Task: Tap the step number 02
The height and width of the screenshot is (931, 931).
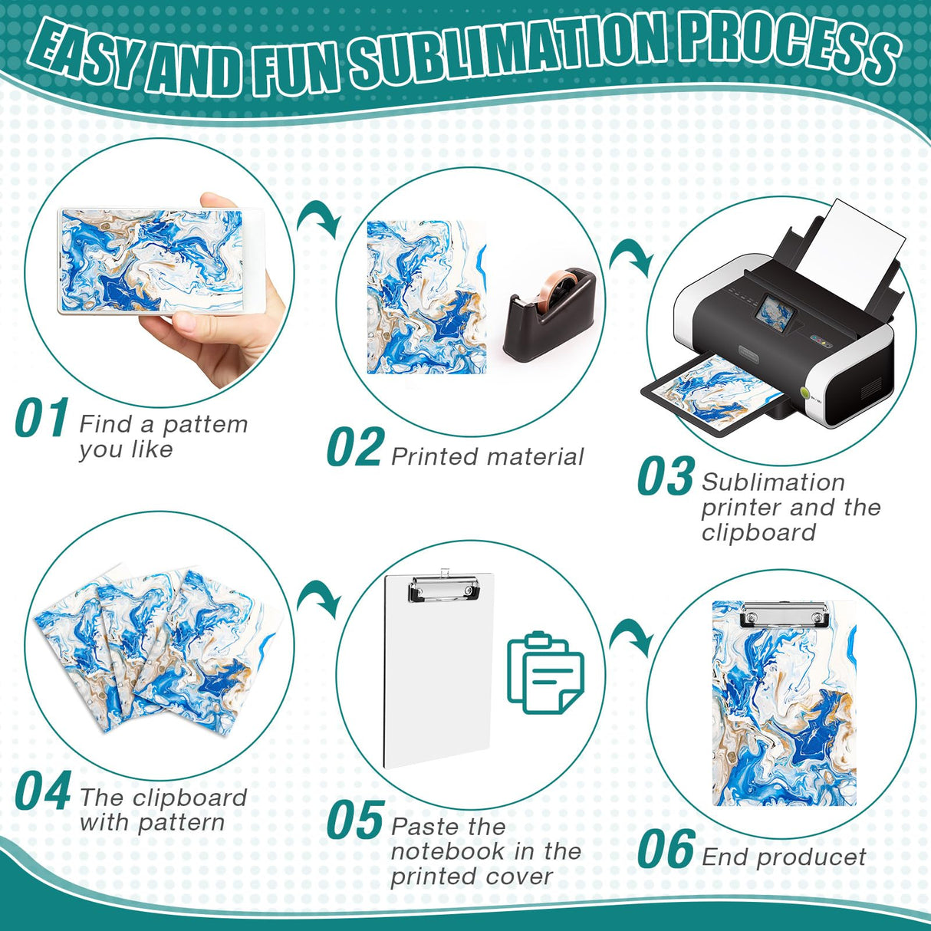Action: [354, 448]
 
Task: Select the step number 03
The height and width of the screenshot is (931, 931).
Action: [665, 477]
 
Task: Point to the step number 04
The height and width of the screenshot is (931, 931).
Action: [43, 792]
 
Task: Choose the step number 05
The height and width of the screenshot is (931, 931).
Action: [354, 821]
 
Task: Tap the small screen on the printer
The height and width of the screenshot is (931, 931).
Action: [775, 315]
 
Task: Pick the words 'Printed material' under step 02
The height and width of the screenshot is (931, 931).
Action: [487, 457]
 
